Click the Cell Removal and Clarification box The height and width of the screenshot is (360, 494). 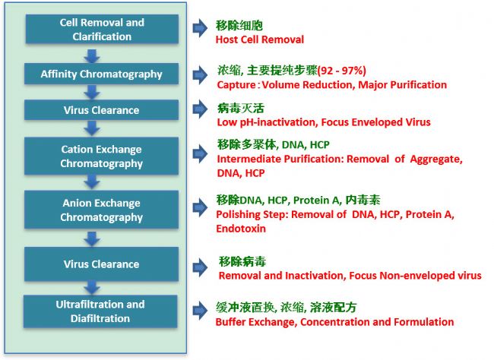point(102,29)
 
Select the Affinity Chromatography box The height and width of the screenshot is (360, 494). point(101,74)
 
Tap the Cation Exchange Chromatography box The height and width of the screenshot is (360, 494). point(101,156)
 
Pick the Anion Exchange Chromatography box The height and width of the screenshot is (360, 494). point(101,210)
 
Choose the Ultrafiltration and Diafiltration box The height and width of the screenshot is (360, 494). point(100,311)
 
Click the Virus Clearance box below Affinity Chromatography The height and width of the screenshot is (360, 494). point(101,110)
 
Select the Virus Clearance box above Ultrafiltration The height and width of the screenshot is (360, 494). point(101,264)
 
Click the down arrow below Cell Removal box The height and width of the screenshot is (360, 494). point(92,55)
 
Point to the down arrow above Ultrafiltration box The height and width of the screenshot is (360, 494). point(92,287)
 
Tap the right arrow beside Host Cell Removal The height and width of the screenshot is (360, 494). point(200,28)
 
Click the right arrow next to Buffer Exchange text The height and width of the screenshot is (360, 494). point(200,310)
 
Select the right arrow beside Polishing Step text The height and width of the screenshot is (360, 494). point(200,207)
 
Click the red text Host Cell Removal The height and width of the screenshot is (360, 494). point(260,39)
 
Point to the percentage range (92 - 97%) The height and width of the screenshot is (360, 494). point(342,70)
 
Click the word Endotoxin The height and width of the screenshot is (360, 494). point(241,229)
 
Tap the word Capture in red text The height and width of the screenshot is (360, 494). point(236,85)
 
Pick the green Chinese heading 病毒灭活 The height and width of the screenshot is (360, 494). point(241,108)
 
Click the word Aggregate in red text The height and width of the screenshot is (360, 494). point(436,159)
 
